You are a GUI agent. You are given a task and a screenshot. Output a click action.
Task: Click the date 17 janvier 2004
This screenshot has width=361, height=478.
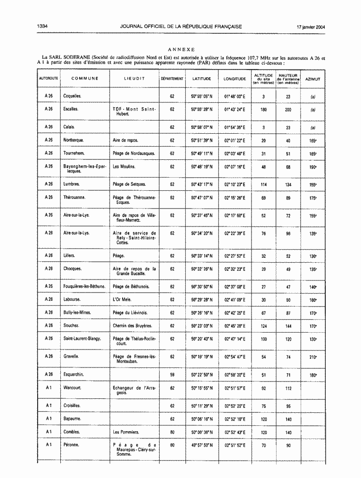point(311,27)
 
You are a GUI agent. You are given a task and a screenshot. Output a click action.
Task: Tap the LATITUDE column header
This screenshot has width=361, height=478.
point(201,78)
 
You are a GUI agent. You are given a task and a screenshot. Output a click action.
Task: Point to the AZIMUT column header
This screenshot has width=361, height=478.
point(313,78)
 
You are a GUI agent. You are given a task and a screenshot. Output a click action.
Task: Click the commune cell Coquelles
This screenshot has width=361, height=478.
point(72,97)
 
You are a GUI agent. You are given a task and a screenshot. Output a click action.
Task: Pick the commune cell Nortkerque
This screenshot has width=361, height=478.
point(73,141)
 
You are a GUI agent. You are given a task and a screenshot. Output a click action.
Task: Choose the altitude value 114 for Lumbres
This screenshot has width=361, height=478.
point(264,184)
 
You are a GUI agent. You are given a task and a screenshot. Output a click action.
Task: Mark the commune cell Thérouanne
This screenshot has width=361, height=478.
point(75,197)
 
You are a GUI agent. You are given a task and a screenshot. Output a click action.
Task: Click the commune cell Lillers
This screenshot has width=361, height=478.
point(70,255)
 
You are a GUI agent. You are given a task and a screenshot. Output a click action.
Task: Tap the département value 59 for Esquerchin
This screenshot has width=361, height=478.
point(172,375)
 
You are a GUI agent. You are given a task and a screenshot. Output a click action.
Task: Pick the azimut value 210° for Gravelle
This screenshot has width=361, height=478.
point(313,357)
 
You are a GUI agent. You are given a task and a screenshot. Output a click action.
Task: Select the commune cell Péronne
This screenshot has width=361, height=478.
point(72,445)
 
